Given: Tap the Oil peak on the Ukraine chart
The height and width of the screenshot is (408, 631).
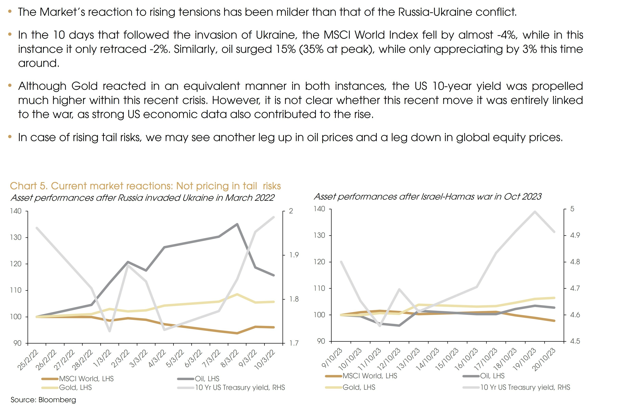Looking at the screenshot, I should (x=237, y=224).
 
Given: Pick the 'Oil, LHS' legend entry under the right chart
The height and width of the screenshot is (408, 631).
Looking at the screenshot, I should (x=492, y=376).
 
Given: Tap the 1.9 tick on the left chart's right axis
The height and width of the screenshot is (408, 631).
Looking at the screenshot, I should (x=294, y=255).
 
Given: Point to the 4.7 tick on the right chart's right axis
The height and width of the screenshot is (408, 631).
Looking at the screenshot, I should (x=575, y=288).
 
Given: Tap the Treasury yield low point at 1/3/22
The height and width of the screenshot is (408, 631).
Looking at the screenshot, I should (x=109, y=331).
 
